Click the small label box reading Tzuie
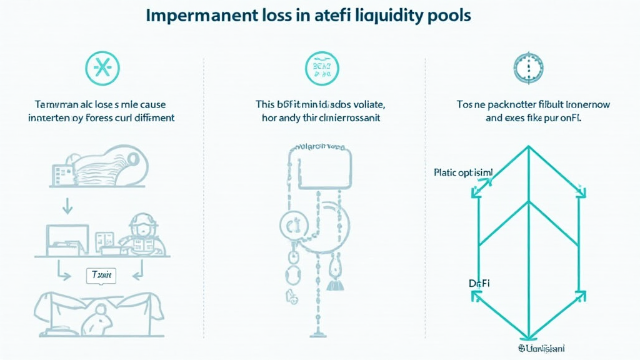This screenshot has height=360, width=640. coord(101,275)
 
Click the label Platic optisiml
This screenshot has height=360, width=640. coord(462,172)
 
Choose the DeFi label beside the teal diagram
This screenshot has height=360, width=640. coord(479,283)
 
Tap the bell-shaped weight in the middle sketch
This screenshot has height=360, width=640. coord(332,283)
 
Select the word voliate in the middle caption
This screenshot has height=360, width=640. coord(365,104)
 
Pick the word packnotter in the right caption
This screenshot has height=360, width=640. coord(514,104)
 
